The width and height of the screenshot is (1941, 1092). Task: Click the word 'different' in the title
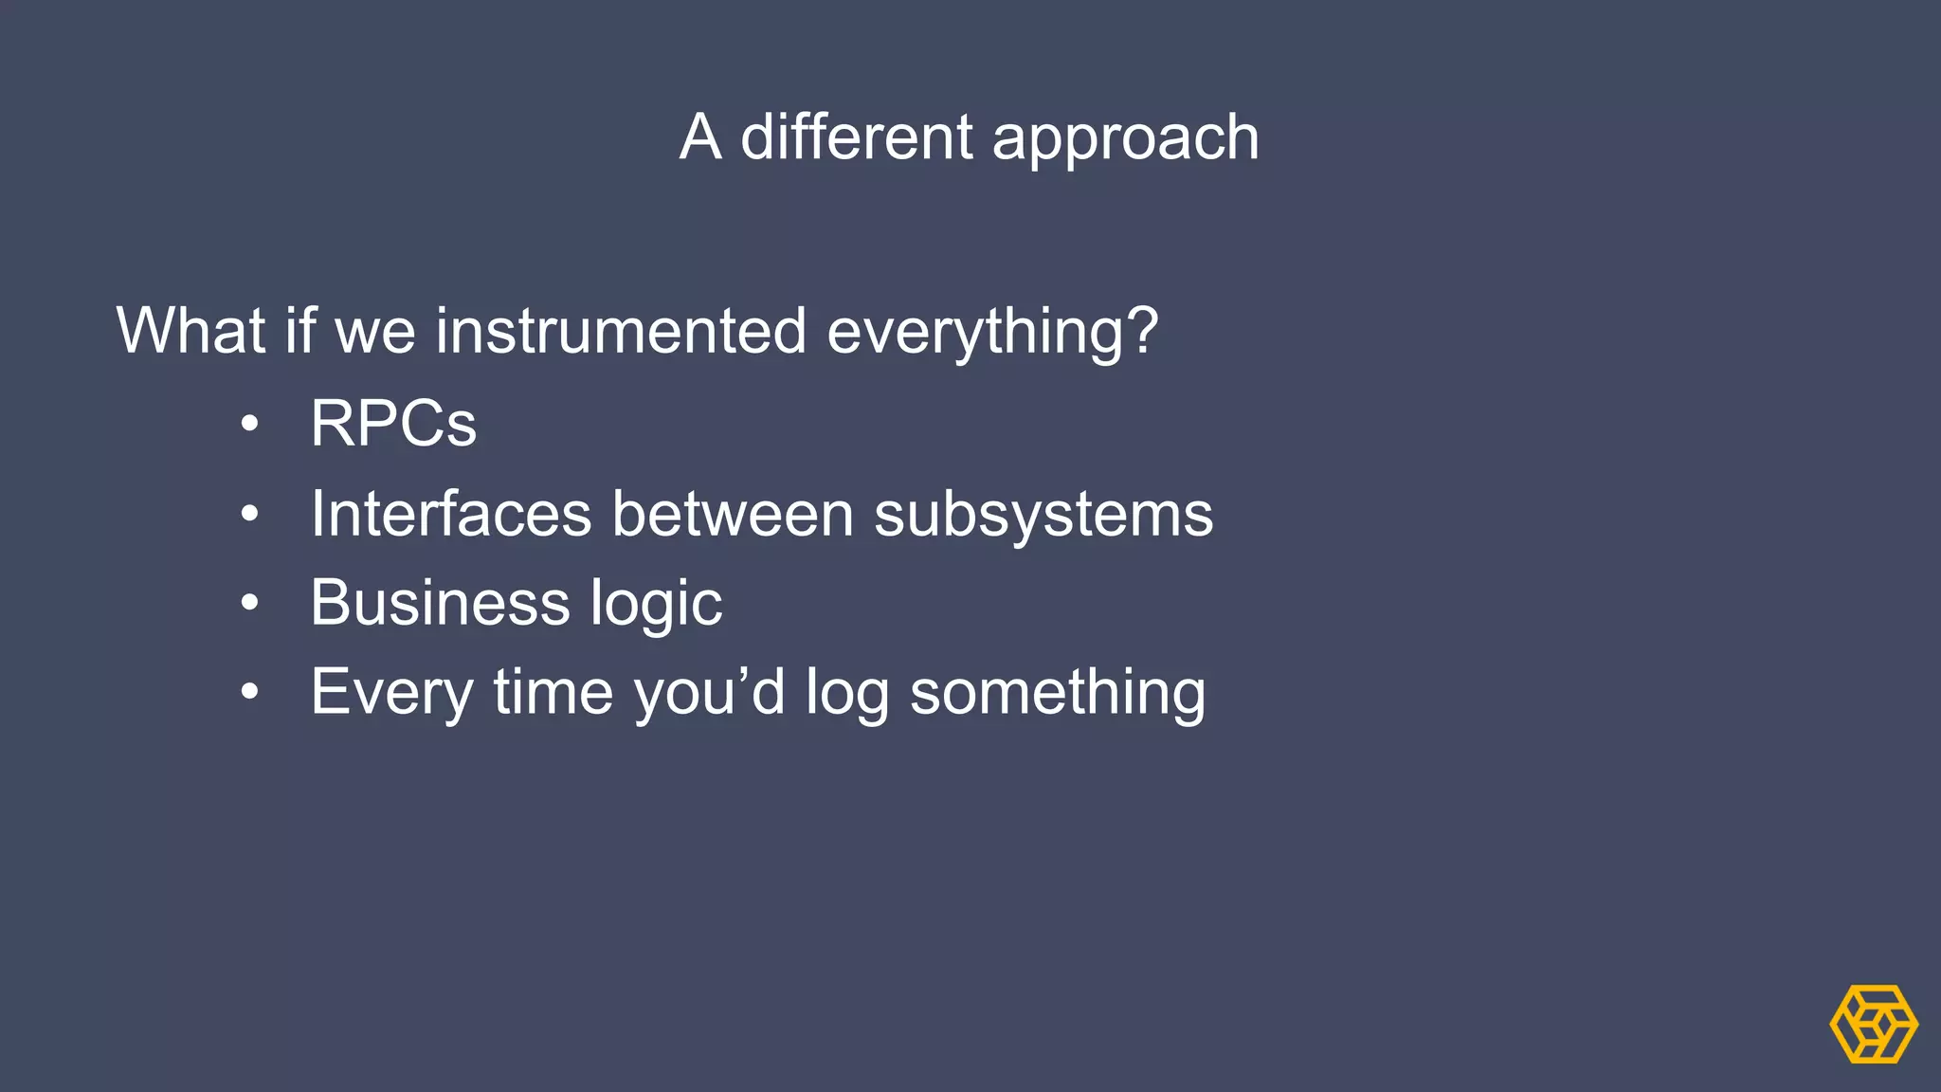click(x=855, y=137)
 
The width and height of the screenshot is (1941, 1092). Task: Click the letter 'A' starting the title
click(x=700, y=137)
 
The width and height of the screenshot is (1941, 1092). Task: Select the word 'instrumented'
click(x=621, y=331)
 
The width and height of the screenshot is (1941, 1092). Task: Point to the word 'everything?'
click(x=992, y=333)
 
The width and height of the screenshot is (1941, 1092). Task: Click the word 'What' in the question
click(x=190, y=331)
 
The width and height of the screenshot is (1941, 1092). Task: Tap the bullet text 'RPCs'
click(x=393, y=423)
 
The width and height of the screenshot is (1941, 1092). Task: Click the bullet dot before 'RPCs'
click(x=249, y=425)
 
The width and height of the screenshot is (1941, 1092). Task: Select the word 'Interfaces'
click(x=451, y=514)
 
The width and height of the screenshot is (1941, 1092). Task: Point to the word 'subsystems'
click(x=1043, y=515)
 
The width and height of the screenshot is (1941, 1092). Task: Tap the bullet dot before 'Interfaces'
click(x=249, y=515)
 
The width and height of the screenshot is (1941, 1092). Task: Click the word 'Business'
click(x=440, y=603)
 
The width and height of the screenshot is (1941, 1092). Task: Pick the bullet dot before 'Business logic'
click(x=249, y=603)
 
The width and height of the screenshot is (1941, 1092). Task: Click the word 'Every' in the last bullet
click(x=391, y=693)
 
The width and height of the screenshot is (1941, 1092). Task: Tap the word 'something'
click(x=1058, y=693)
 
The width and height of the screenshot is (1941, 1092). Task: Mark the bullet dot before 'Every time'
click(x=249, y=692)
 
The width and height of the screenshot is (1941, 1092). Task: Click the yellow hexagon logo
click(x=1873, y=1024)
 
